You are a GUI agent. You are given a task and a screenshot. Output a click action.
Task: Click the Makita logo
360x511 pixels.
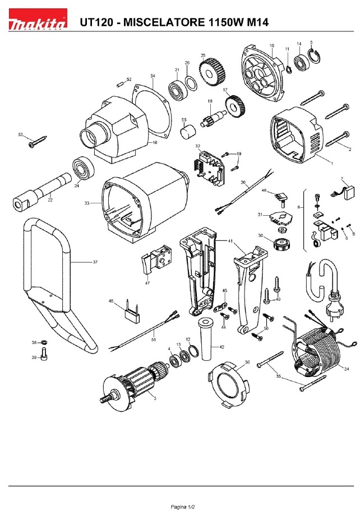(x=38, y=24)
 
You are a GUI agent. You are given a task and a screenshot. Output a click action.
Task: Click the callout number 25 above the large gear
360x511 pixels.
(x=203, y=55)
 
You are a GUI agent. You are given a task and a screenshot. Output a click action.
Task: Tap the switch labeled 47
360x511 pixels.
(x=155, y=260)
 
